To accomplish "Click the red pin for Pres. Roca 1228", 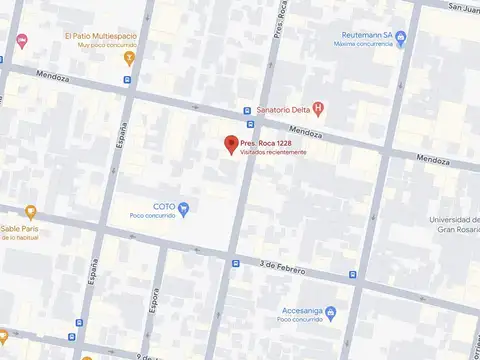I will click(230, 145).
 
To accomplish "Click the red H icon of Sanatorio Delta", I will click(318, 109).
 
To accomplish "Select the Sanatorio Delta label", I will click(282, 109).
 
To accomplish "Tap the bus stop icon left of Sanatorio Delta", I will click(246, 110).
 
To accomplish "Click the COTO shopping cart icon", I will click(183, 207).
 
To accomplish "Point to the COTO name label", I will click(164, 206).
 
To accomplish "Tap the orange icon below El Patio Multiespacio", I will click(127, 57).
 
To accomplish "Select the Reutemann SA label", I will click(364, 34).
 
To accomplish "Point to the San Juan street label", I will click(463, 8).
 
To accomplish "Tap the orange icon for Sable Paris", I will click(31, 212).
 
